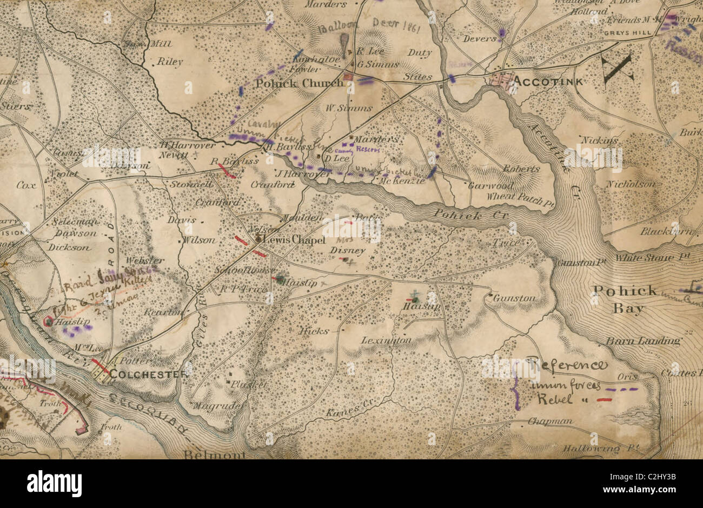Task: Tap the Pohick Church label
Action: click(x=299, y=83)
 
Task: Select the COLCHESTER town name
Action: click(x=149, y=373)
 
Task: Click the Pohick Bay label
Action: click(x=624, y=299)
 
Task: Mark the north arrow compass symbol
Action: click(x=618, y=69)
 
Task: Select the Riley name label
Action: click(x=170, y=62)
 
